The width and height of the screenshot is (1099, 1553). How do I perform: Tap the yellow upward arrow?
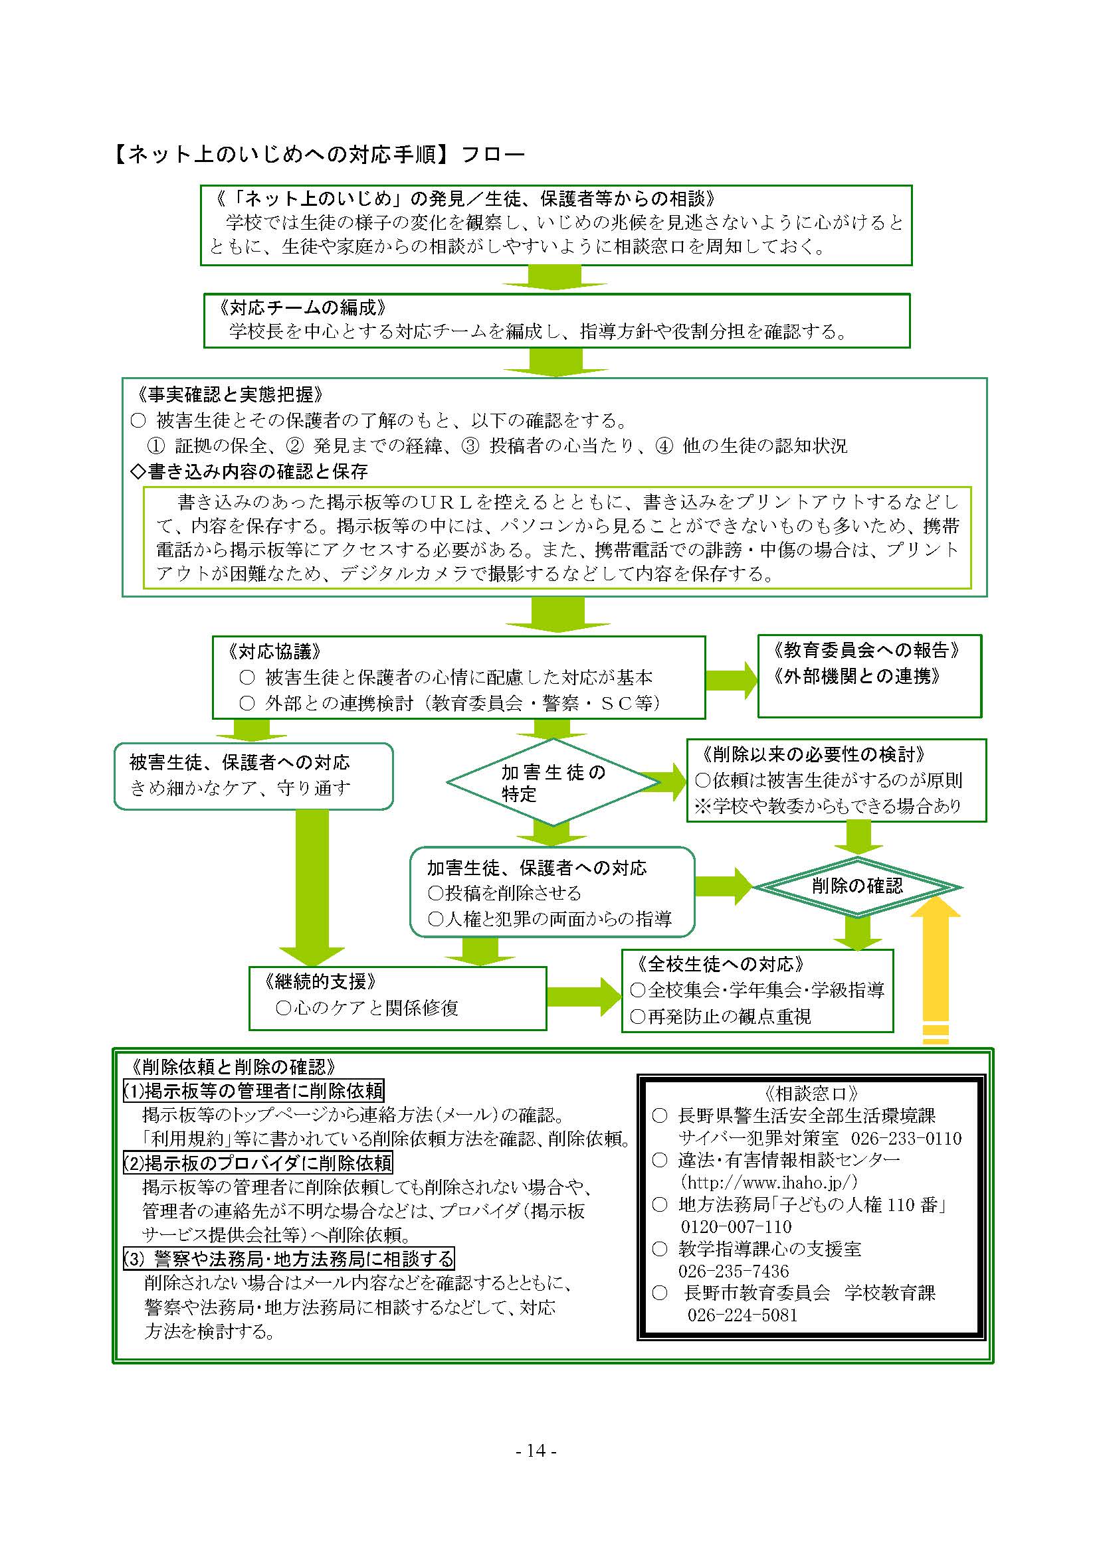point(936,969)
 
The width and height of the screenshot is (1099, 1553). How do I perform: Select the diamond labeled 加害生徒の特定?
point(553,782)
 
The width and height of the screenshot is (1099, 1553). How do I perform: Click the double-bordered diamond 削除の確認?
point(857,887)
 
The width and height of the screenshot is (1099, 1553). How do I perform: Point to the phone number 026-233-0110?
point(906,1139)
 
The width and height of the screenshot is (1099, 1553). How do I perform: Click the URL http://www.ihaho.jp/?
point(769,1183)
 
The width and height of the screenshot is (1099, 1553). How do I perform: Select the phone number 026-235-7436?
point(734,1271)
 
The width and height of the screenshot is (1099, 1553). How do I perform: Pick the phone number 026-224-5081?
point(742,1315)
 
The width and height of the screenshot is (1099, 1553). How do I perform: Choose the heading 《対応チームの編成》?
point(302,308)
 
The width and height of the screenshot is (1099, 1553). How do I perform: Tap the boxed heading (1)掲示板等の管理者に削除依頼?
point(254,1090)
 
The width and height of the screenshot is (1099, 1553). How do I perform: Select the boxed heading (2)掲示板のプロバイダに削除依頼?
point(258,1163)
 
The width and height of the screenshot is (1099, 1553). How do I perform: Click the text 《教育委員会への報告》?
point(867,651)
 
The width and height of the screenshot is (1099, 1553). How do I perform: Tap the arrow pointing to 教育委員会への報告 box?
point(732,680)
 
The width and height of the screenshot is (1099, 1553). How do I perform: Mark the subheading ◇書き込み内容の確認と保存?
point(249,471)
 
